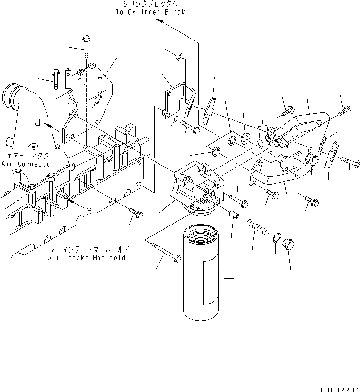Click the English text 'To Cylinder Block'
150,12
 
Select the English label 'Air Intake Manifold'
87,257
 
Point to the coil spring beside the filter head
257,226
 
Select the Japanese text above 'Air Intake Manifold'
87,249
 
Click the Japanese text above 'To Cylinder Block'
150,4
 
